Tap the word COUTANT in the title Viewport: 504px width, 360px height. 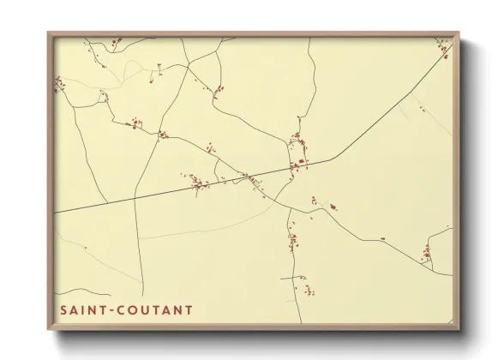156,309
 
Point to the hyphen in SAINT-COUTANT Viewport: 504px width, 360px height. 112,310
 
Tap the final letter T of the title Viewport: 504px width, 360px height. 189,309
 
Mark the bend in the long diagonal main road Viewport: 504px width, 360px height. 333,158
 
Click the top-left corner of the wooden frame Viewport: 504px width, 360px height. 49,33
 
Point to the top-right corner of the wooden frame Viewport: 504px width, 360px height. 459,33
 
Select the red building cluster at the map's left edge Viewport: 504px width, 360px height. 59,84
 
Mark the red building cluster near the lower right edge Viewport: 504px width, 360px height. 426,253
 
